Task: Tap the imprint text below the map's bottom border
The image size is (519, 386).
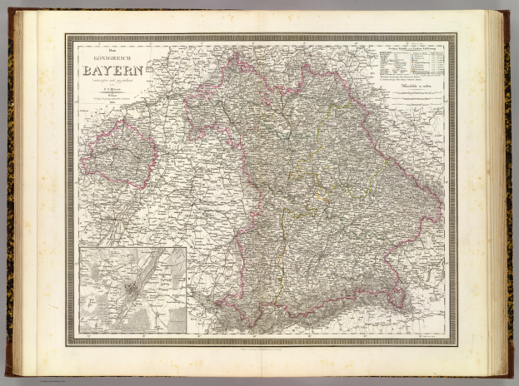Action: pyautogui.click(x=260, y=348)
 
